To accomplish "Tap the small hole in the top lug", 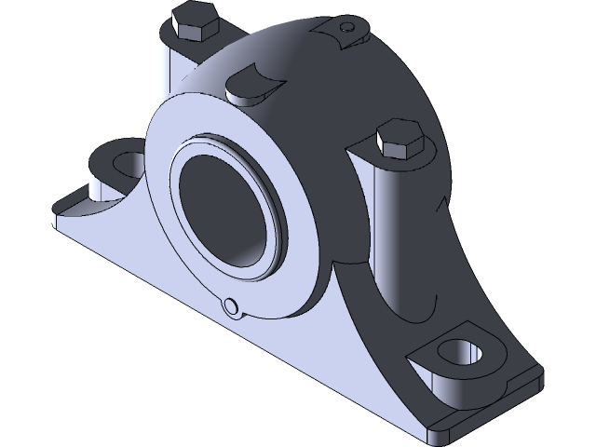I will pos(347,25).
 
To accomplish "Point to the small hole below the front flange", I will pos(230,306).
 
